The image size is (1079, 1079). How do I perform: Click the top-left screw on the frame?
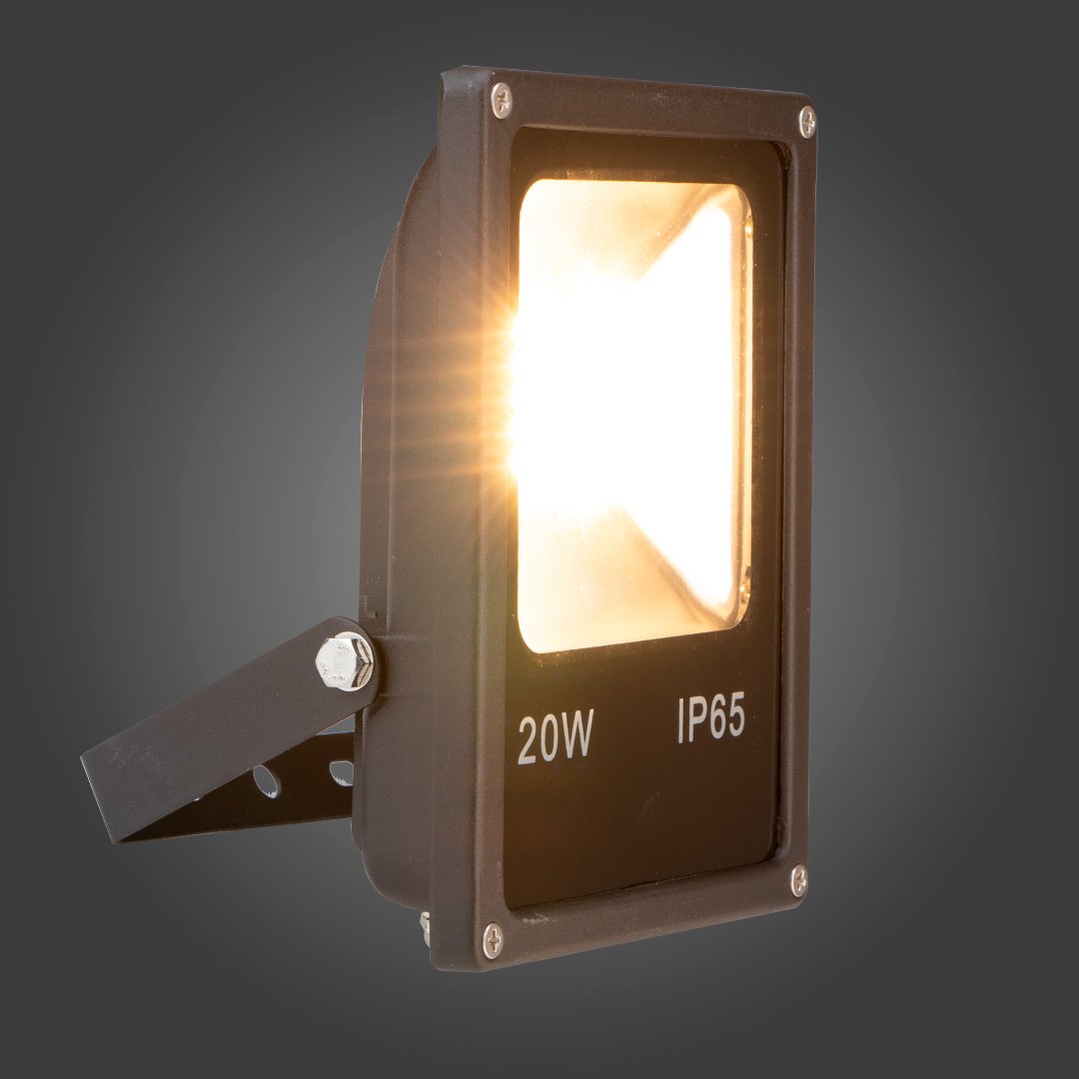pyautogui.click(x=501, y=101)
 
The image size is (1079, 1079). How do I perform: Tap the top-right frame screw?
pyautogui.click(x=807, y=123)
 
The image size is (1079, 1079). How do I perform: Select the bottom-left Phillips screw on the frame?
pyautogui.click(x=493, y=940)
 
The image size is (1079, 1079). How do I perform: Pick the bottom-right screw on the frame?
pyautogui.click(x=798, y=881)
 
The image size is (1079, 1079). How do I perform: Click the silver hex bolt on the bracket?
pyautogui.click(x=344, y=661)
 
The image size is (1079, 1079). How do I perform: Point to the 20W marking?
pyautogui.click(x=554, y=738)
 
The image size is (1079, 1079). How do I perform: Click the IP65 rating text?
pyautogui.click(x=711, y=719)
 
